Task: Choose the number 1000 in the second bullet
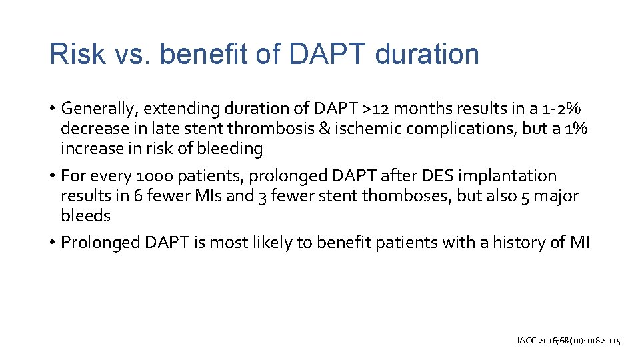(x=153, y=176)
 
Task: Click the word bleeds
(x=85, y=216)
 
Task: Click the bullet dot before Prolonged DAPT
(x=52, y=243)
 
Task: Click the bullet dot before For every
(x=52, y=176)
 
